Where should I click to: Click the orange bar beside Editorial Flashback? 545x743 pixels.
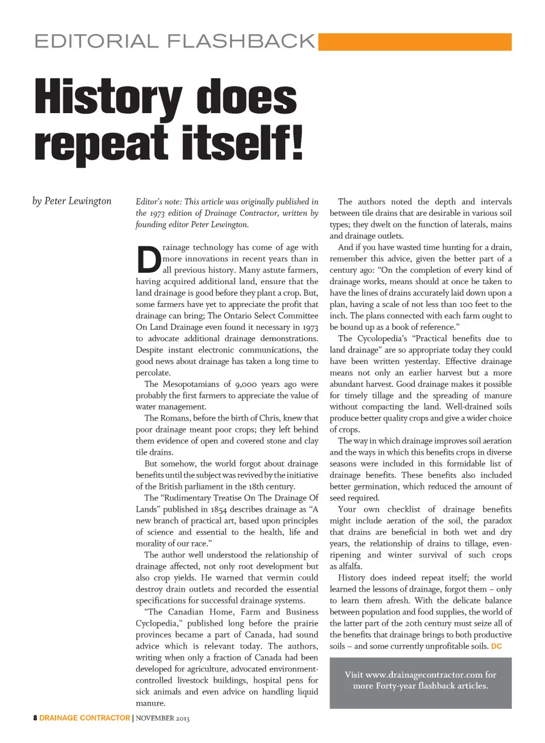click(x=415, y=41)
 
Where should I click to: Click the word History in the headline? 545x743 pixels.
click(x=108, y=98)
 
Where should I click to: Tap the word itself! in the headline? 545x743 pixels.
click(x=242, y=143)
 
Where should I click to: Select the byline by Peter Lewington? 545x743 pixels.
click(x=72, y=201)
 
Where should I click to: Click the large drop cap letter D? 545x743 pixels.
click(x=149, y=259)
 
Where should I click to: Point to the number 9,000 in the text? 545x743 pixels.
click(x=246, y=384)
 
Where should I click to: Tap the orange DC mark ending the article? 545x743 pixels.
click(x=496, y=646)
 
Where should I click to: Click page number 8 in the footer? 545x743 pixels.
click(x=35, y=718)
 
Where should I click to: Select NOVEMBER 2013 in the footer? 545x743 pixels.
click(x=163, y=718)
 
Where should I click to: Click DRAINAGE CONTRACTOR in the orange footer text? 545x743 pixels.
click(x=85, y=718)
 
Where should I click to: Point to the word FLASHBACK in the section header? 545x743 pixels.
click(x=241, y=41)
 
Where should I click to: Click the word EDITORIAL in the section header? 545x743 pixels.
click(x=96, y=41)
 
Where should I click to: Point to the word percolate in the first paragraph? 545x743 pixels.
click(x=153, y=373)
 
